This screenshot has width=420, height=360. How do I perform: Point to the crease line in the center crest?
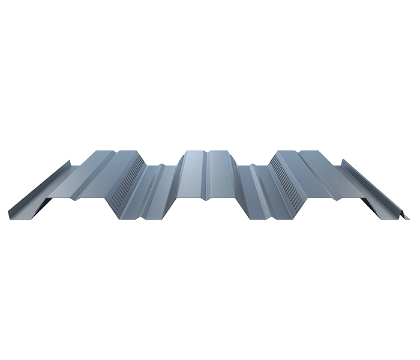point(207,168)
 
